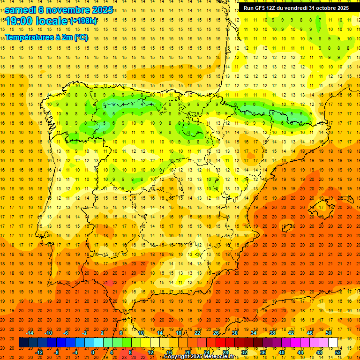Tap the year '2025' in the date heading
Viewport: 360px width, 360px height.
[x=100, y=9]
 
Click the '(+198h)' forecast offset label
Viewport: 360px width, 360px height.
[x=83, y=21]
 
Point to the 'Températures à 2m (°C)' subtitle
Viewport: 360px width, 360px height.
[x=46, y=37]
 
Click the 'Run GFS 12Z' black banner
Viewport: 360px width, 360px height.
[x=296, y=8]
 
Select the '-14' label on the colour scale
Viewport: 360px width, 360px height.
[x=30, y=333]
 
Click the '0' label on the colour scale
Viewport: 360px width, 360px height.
[x=93, y=352]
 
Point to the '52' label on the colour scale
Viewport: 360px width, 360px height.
[x=338, y=352]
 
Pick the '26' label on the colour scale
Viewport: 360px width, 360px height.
[x=216, y=333]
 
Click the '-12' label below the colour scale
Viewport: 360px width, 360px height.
[x=39, y=352]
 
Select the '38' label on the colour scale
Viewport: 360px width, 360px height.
[x=272, y=333]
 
